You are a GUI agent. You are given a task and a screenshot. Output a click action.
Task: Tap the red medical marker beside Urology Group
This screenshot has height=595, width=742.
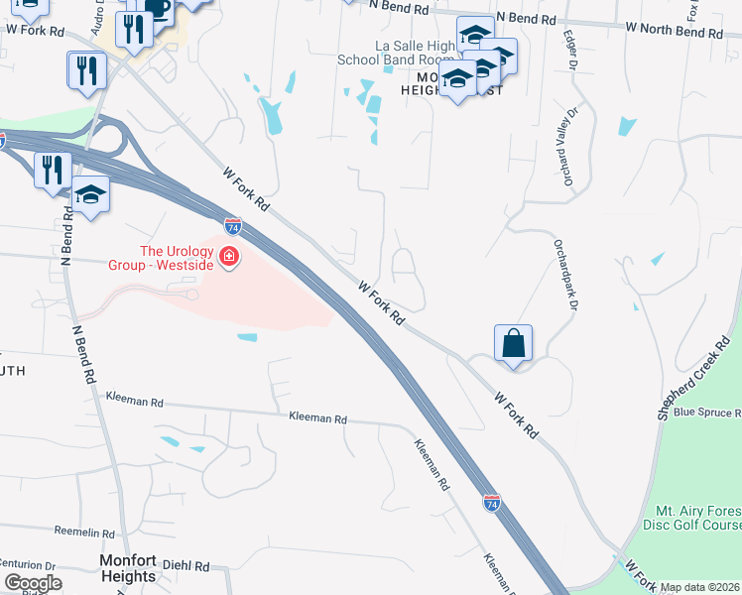pos(229,258)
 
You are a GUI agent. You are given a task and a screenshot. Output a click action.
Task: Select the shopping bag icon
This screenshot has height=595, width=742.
pos(513,343)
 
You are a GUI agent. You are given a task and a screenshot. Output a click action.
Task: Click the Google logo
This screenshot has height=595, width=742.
pos(33,583)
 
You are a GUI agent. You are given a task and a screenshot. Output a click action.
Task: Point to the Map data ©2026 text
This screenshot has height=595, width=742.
pos(700,587)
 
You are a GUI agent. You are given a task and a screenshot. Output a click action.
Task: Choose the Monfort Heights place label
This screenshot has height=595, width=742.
pos(128,568)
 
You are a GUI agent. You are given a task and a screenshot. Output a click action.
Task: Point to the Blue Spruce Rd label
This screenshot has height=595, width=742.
pos(706,412)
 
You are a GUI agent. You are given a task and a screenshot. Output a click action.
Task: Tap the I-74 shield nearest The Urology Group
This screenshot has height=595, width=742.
pos(232,226)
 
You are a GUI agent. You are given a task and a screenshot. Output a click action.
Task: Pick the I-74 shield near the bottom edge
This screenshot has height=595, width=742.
pos(491,504)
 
